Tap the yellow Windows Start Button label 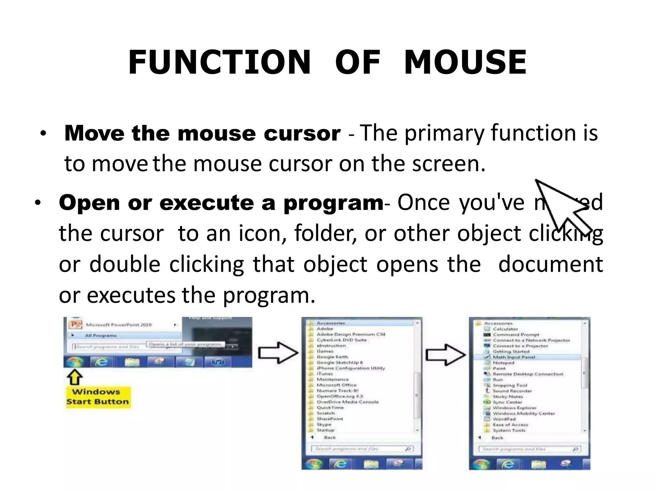(97, 397)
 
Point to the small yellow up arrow (74, 377)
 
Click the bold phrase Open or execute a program (221, 203)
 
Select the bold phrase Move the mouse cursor (202, 133)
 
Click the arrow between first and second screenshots (278, 353)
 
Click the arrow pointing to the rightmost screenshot (445, 355)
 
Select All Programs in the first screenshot (101, 335)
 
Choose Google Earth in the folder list (332, 357)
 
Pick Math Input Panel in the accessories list (514, 357)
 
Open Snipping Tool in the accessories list (510, 385)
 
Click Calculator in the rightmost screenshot (505, 329)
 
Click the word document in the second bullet (550, 265)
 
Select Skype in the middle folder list (324, 424)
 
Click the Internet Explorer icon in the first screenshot (102, 362)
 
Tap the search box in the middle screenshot (359, 449)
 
